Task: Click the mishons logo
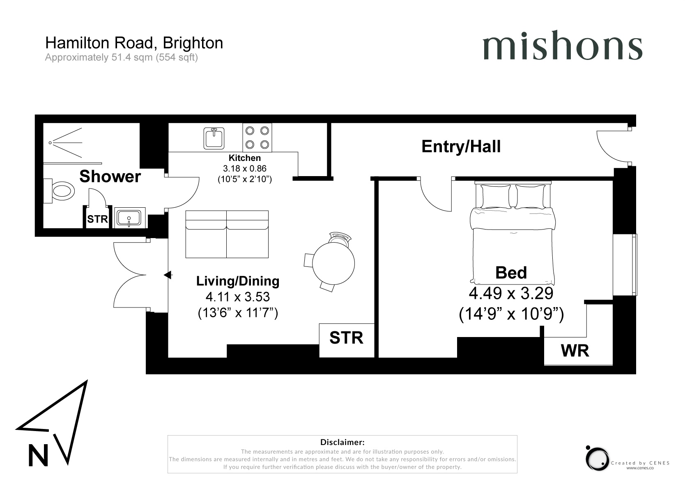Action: (562, 45)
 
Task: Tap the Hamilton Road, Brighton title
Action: (134, 43)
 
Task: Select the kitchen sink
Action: (214, 138)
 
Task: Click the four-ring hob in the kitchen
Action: (257, 138)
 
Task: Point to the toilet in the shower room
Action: (59, 191)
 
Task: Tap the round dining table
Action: (333, 263)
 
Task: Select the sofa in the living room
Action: (227, 234)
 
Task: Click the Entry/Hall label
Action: (461, 147)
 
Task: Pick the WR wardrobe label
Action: (575, 351)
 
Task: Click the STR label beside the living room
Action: (346, 337)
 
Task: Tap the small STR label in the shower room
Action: (98, 219)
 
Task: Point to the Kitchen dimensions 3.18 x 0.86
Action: (245, 168)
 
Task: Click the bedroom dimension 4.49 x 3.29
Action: (511, 293)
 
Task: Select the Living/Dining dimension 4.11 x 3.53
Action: (238, 296)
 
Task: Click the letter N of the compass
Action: (38, 455)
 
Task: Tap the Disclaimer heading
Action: (342, 442)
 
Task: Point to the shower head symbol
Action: (66, 142)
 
